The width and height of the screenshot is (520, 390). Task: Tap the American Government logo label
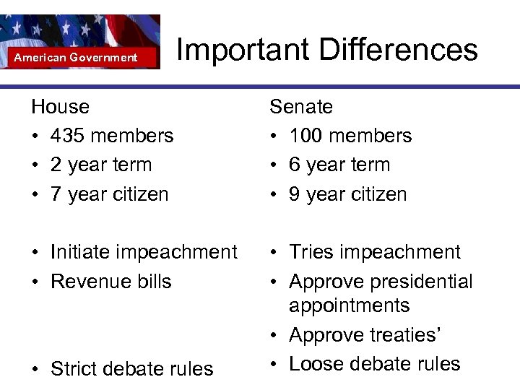coord(76,57)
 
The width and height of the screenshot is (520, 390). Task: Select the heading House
coord(60,107)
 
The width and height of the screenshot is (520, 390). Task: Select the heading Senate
coord(301,107)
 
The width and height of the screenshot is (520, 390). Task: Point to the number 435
coord(71,136)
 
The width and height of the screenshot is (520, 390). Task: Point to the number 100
coord(309,136)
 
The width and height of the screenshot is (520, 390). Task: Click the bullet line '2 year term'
coord(101,165)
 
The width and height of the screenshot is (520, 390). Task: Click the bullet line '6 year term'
coord(339,165)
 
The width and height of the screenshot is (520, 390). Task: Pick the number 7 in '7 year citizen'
coord(56,194)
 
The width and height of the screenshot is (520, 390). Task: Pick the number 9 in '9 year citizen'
coord(295,194)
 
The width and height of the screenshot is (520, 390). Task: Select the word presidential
coord(418,281)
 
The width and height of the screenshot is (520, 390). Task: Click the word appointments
coord(349,306)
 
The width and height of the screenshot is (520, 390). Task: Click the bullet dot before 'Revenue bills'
coord(35,282)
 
